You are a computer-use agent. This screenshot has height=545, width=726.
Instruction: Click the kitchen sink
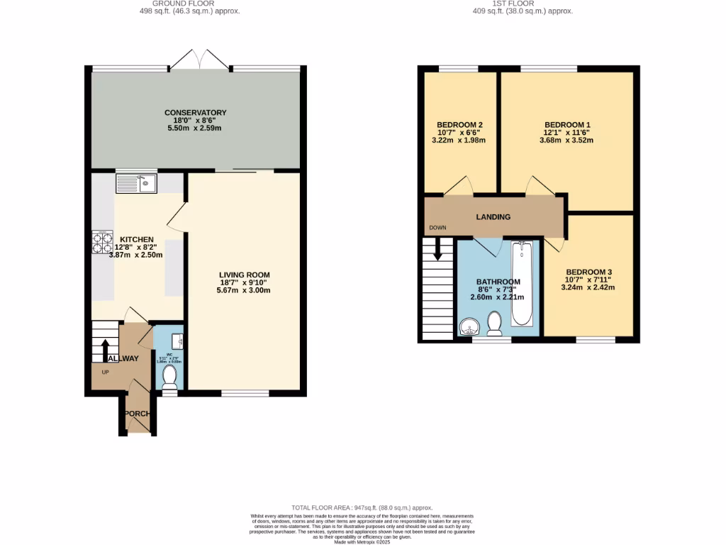pyautogui.click(x=137, y=185)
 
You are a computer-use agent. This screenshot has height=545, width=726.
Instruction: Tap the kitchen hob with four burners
pyautogui.click(x=102, y=243)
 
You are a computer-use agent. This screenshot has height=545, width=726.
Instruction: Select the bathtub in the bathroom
pyautogui.click(x=522, y=282)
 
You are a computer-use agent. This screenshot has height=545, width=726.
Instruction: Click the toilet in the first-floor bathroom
pyautogui.click(x=495, y=324)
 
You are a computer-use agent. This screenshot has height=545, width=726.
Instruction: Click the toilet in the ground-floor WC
pyautogui.click(x=169, y=378)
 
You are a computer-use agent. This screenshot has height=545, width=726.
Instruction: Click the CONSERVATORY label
pyautogui.click(x=195, y=113)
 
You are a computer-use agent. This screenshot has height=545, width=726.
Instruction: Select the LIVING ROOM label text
pyautogui.click(x=244, y=275)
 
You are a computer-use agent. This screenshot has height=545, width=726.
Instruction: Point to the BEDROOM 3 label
pyautogui.click(x=588, y=272)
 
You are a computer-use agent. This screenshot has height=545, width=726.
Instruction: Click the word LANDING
pyautogui.click(x=493, y=217)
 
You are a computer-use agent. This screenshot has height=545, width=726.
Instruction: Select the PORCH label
pyautogui.click(x=137, y=414)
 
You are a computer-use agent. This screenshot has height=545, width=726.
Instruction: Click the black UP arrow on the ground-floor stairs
pyautogui.click(x=105, y=349)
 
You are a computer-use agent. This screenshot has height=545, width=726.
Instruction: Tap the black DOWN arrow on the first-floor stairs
pyautogui.click(x=437, y=249)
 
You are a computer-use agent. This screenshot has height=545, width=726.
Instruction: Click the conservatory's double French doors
pyautogui.click(x=199, y=60)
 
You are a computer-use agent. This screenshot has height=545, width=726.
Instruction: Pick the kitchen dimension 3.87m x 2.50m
pyautogui.click(x=135, y=255)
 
